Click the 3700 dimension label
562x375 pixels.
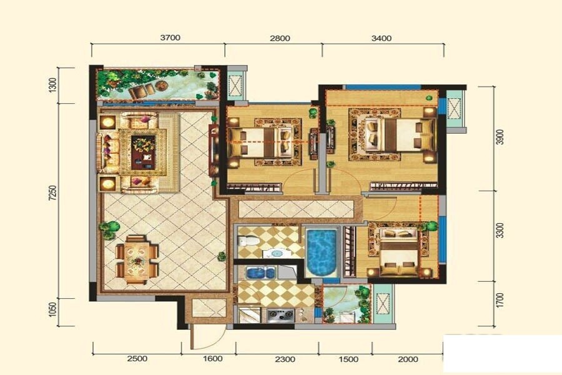[170, 37]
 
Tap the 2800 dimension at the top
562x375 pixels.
[280, 38]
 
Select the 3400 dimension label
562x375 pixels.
[382, 38]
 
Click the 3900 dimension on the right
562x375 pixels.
[501, 137]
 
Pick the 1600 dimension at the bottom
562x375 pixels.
[212, 359]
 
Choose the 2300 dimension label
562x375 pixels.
[285, 359]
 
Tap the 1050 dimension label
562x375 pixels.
[52, 310]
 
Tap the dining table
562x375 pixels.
[137, 259]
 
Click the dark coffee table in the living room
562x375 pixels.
[143, 152]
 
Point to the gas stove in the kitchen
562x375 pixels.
[280, 315]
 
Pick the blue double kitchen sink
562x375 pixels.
[260, 272]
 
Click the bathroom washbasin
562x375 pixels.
[277, 253]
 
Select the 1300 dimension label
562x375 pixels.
[52, 86]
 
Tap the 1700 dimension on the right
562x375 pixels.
[501, 301]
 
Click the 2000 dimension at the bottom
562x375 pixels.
[408, 359]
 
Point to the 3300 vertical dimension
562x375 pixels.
[501, 230]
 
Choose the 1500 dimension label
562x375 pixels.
[348, 359]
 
